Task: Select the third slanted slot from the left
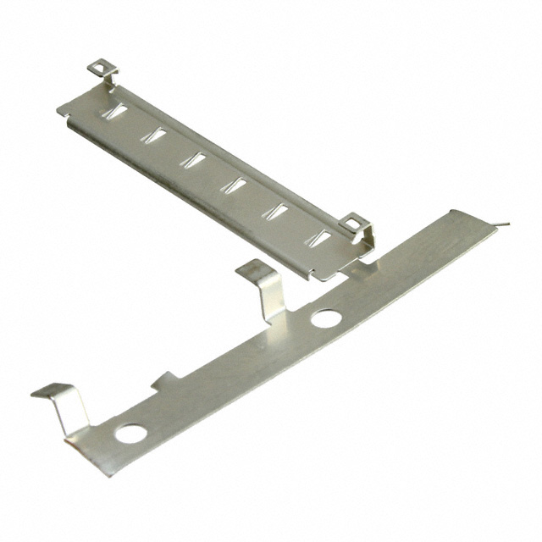196,158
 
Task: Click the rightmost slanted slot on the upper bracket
317,238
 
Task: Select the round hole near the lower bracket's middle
326,318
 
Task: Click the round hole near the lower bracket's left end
131,434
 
